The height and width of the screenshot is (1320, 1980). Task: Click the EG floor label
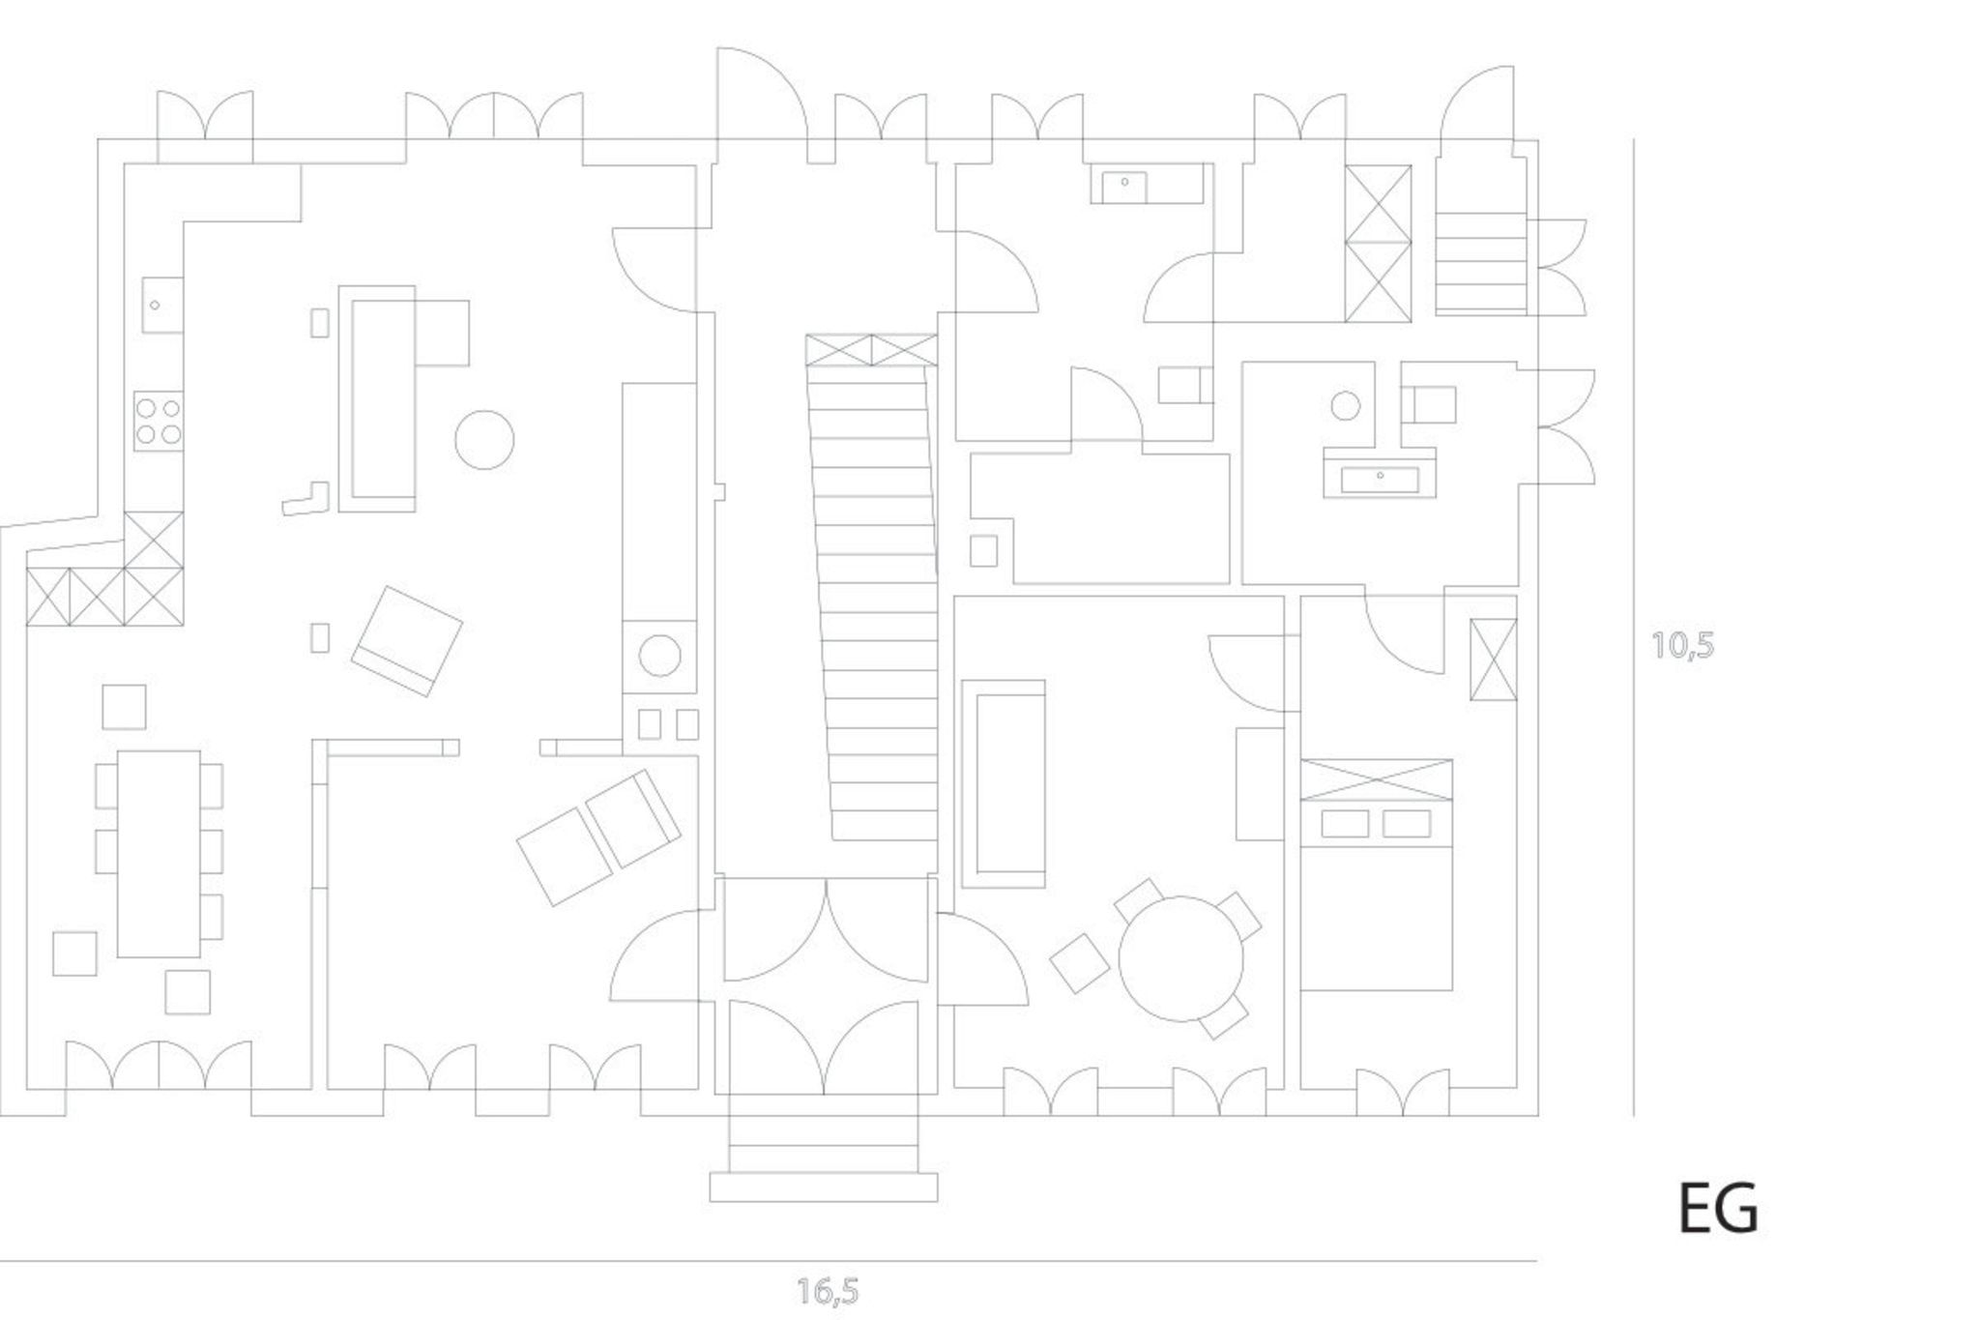[1718, 1208]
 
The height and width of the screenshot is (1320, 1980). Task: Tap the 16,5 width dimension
[829, 1291]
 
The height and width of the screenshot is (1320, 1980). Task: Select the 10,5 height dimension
[1683, 645]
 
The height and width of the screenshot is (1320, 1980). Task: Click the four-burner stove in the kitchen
[159, 421]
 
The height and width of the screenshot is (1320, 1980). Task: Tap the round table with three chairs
[1180, 958]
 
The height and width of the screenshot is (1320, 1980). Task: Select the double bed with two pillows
[1377, 875]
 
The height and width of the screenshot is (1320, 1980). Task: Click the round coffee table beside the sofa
[484, 439]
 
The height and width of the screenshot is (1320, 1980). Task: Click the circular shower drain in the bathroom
[1346, 405]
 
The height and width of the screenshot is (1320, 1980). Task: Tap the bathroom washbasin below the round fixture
[1380, 479]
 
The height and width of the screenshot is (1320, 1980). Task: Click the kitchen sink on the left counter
[162, 305]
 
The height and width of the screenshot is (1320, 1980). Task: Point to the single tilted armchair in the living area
[407, 641]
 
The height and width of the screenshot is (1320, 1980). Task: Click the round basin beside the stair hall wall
[660, 656]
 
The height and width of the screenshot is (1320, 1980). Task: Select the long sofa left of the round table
[1005, 783]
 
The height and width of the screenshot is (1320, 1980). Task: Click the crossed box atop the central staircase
[872, 350]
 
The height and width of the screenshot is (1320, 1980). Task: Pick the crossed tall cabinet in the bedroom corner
[1493, 659]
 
